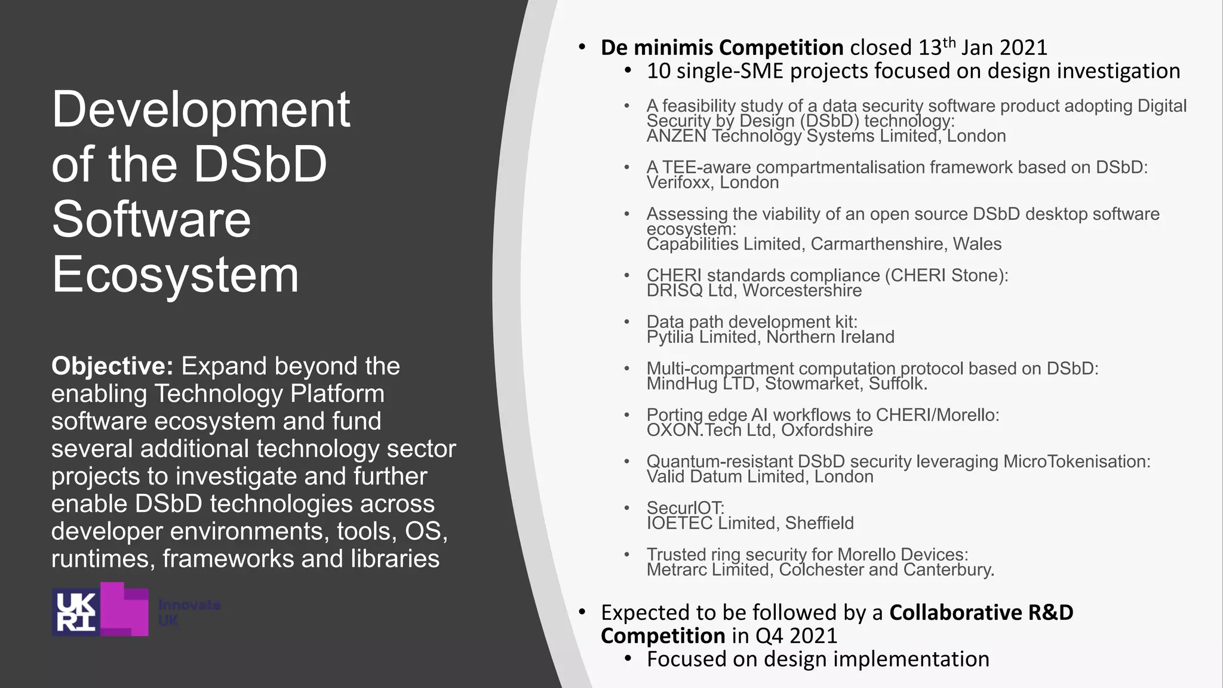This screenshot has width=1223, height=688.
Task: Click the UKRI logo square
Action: tap(76, 611)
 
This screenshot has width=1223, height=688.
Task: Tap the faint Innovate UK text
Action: tap(189, 613)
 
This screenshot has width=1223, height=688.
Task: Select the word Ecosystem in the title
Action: tap(175, 274)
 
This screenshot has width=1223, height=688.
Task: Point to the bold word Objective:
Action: tap(112, 366)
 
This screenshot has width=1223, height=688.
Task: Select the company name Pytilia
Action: tap(670, 337)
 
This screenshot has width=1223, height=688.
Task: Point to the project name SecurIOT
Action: tap(685, 508)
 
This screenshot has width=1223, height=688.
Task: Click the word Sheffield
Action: tap(819, 523)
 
